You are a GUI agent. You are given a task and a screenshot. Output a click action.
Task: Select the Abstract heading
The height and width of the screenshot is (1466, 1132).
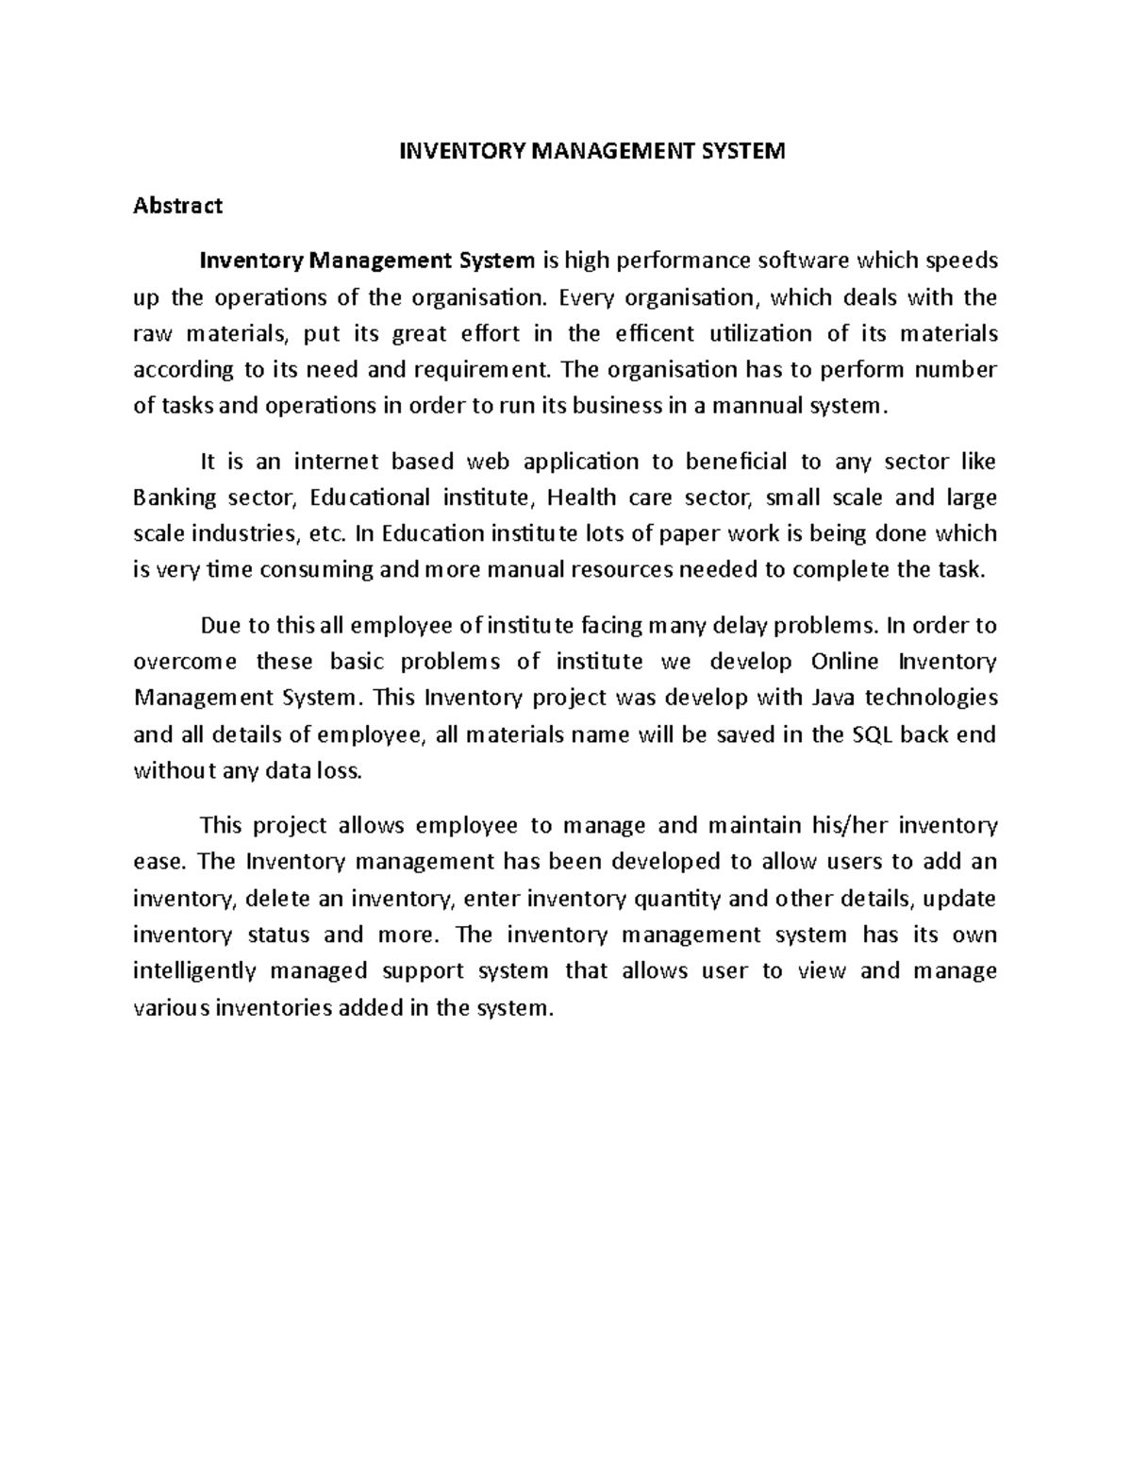click(x=177, y=206)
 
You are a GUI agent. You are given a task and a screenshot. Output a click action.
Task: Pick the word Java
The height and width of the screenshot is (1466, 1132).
click(x=834, y=698)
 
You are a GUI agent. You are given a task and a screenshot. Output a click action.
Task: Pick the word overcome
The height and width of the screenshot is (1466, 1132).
click(x=186, y=661)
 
